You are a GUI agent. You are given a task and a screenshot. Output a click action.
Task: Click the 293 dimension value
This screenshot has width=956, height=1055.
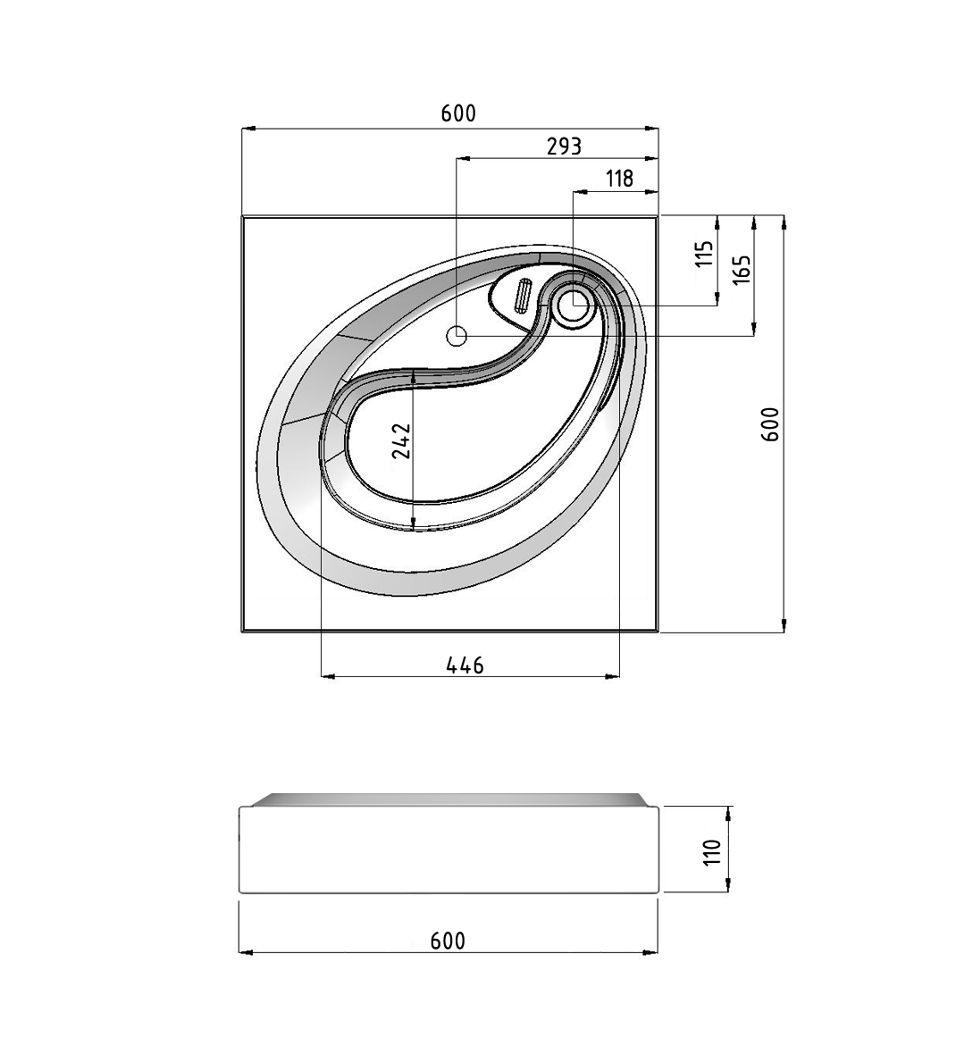click(563, 146)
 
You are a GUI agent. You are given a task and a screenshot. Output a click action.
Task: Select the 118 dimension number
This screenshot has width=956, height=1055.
click(620, 179)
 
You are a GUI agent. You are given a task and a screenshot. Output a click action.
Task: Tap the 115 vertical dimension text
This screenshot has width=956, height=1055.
click(704, 254)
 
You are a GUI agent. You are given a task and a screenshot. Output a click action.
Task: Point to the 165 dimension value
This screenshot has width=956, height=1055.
click(741, 269)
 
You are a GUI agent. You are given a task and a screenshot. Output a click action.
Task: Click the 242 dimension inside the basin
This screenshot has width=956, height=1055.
click(402, 440)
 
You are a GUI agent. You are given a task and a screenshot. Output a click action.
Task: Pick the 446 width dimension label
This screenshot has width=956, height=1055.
click(465, 666)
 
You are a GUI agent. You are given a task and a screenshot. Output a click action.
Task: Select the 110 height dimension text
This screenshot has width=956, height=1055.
click(712, 852)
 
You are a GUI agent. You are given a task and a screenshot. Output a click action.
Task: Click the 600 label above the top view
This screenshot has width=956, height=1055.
click(458, 113)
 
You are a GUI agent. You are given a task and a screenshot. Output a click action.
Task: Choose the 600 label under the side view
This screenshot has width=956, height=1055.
click(448, 941)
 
